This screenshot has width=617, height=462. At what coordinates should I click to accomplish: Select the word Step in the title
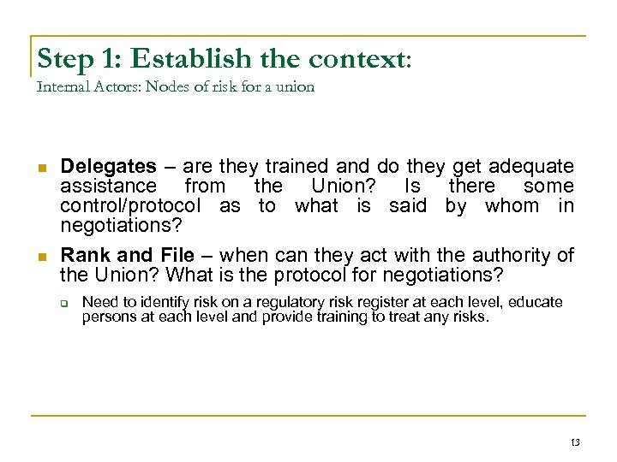click(66, 59)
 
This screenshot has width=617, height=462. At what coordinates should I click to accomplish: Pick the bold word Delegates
click(108, 166)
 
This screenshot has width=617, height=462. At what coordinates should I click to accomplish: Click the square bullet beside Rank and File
click(40, 256)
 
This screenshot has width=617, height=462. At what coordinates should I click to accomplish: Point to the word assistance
click(108, 186)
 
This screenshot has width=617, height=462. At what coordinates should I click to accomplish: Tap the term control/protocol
click(130, 205)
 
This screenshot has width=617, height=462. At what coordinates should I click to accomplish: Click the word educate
click(533, 302)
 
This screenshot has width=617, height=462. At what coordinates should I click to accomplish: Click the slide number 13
click(573, 441)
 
